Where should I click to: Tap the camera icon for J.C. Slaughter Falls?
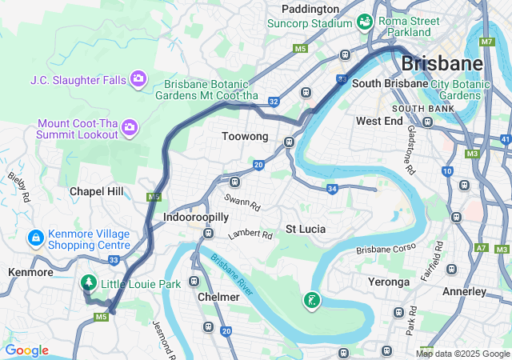138,78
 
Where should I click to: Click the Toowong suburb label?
244,137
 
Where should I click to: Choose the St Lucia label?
306,229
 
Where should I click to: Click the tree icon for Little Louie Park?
88,283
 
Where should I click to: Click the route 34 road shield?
332,189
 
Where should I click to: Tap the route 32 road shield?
274,102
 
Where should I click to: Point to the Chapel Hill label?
97,191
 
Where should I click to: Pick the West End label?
379,121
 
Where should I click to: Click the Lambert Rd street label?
250,235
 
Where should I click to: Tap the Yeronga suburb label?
388,282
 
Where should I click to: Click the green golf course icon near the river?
311,301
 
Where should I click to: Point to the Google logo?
26,350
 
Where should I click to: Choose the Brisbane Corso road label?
386,250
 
